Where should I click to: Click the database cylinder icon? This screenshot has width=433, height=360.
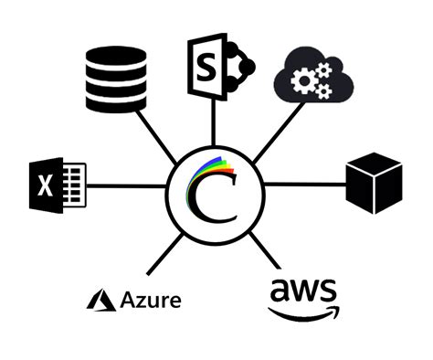(115, 79)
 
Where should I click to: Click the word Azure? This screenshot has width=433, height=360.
(150, 300)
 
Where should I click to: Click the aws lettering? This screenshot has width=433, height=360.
(303, 292)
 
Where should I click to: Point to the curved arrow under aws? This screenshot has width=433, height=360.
(305, 314)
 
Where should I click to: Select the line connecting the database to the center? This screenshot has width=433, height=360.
(161, 137)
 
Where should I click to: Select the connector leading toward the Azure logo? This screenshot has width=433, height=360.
(164, 252)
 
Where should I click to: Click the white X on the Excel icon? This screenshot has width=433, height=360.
(45, 186)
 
